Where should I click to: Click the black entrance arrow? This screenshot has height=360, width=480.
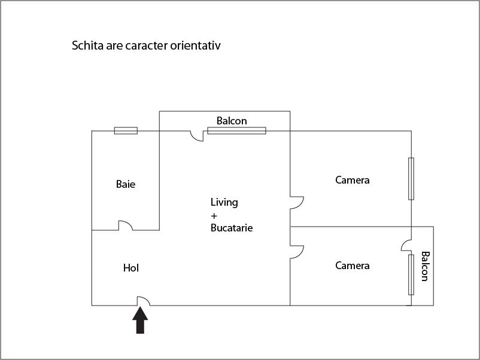point(140,321)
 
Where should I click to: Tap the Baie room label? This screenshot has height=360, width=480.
point(126,184)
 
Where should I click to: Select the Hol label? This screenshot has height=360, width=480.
point(131,268)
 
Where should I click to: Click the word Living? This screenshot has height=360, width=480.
point(224,203)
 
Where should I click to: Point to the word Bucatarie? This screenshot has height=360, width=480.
point(232,228)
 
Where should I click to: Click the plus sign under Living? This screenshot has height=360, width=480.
point(214,216)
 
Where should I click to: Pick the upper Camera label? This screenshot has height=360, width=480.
point(353,180)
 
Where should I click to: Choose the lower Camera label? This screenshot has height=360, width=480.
point(353,266)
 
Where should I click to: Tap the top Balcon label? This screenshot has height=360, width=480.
point(232,121)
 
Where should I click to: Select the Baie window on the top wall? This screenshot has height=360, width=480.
point(126,130)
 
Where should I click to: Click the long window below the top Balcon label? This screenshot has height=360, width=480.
point(236,130)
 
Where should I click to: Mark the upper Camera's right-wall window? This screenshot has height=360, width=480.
point(411,179)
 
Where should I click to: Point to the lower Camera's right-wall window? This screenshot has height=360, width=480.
point(411,274)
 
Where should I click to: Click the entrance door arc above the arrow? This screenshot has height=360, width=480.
point(143,301)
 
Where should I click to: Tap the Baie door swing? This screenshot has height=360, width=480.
point(126,225)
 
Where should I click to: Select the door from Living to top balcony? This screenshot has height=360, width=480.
point(197,136)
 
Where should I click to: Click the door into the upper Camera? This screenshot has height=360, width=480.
point(297,203)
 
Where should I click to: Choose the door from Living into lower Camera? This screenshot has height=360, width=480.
point(297,252)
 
